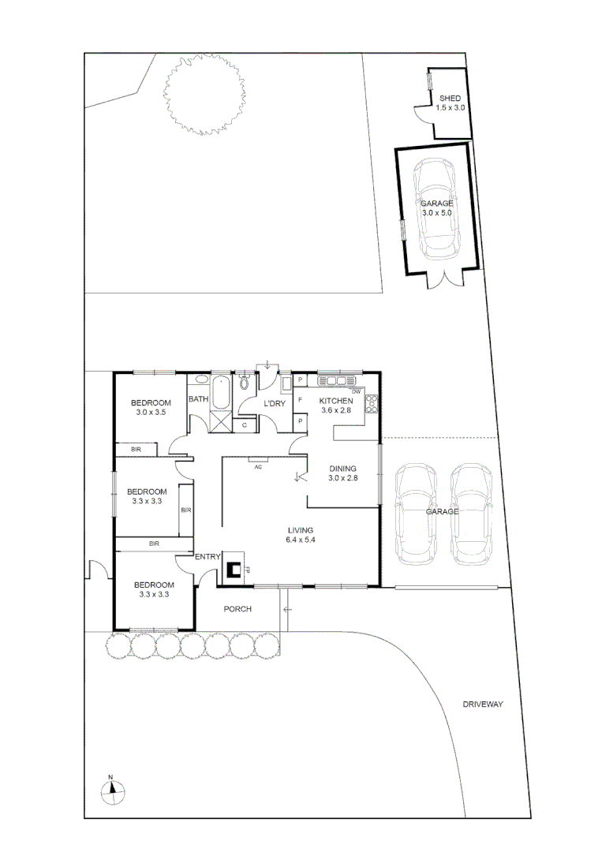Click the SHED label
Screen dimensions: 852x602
(x=450, y=98)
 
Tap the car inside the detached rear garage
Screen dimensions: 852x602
(x=439, y=209)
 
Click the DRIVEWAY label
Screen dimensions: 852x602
(x=483, y=704)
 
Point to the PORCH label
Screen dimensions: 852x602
(x=237, y=609)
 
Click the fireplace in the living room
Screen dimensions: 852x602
(x=234, y=569)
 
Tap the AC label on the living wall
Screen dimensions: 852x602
(x=257, y=467)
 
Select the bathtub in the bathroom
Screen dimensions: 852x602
(x=220, y=392)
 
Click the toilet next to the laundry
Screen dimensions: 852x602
(x=244, y=383)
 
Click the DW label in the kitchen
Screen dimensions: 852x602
(x=356, y=392)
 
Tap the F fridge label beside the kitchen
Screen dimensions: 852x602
(x=301, y=401)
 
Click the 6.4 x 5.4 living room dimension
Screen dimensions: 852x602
(x=301, y=540)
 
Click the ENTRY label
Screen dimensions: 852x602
(x=208, y=558)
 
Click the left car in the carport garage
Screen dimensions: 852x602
(x=416, y=514)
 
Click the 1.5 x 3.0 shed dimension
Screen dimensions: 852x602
(x=450, y=107)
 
